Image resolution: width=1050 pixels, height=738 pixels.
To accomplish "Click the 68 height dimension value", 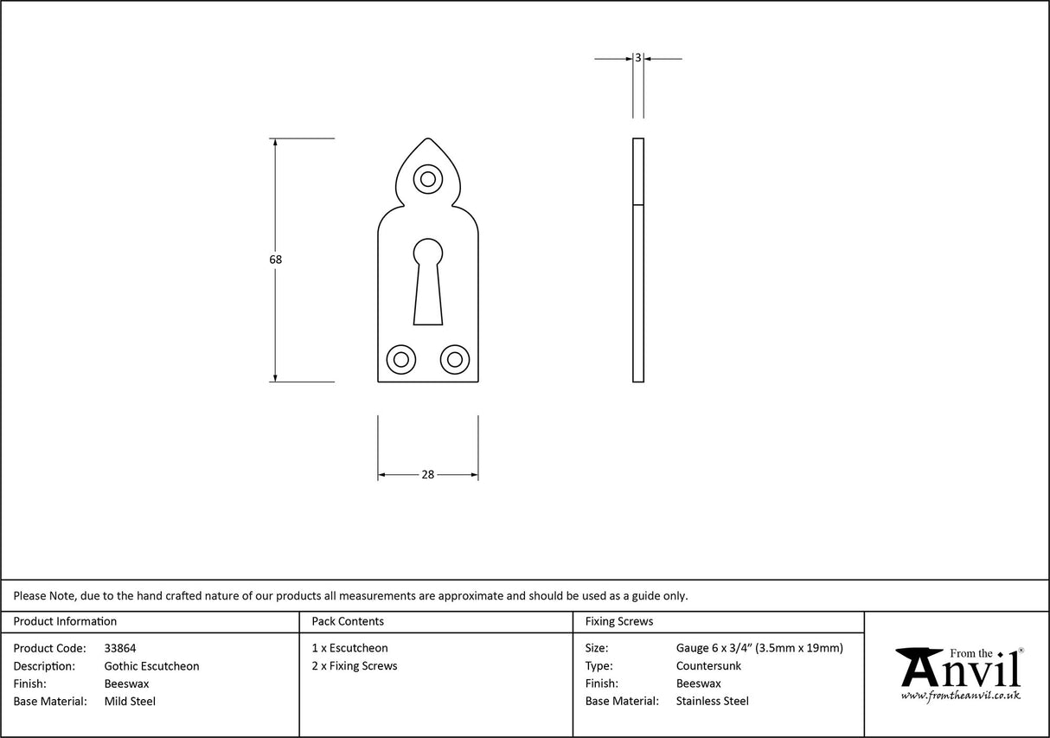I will [276, 260].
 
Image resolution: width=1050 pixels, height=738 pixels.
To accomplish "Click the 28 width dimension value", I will [427, 474].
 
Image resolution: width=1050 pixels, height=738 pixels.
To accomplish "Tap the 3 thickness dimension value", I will [637, 58].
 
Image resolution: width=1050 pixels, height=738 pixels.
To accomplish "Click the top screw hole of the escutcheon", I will [427, 179].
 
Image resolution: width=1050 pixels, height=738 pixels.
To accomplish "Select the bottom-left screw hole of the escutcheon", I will [400, 359].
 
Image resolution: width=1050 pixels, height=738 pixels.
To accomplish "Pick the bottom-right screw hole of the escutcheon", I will [454, 359].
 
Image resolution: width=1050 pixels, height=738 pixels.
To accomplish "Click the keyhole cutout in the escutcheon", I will [427, 281].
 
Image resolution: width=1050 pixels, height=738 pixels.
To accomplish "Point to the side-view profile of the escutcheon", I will [638, 260].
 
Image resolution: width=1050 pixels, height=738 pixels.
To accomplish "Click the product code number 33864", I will [120, 648].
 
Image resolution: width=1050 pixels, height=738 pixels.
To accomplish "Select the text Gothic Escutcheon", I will [151, 666].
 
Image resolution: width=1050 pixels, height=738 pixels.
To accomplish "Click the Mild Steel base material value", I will [130, 702].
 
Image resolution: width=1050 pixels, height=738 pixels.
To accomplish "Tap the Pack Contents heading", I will [348, 621].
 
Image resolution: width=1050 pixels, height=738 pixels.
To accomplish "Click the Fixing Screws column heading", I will [619, 621].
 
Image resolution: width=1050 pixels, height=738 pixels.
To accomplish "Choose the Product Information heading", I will [65, 621].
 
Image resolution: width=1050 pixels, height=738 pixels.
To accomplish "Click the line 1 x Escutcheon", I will [349, 648].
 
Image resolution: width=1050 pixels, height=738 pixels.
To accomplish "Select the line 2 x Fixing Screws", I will [355, 666].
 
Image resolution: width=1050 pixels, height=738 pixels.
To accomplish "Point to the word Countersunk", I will [708, 666].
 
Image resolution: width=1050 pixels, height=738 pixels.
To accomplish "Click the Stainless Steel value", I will [712, 702].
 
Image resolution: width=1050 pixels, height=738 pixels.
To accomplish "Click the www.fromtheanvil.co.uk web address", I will [960, 695].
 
